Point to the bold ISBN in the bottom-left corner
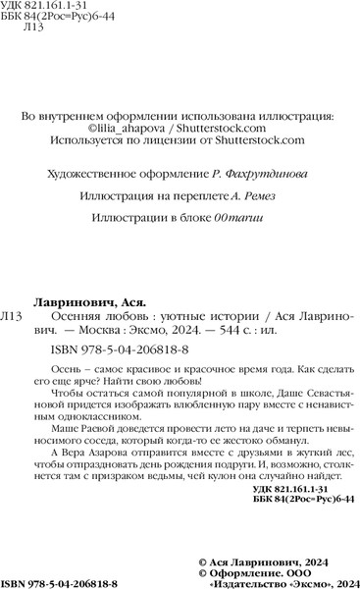point(16,581)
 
